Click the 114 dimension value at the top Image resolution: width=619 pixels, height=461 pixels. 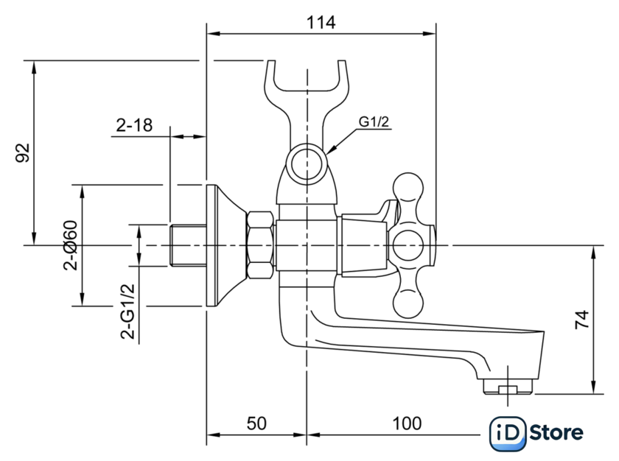pyautogui.click(x=321, y=22)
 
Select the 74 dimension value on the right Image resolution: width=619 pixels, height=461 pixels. pyautogui.click(x=581, y=319)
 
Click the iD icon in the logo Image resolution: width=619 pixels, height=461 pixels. pyautogui.click(x=508, y=434)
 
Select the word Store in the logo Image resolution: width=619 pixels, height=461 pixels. pyautogui.click(x=556, y=434)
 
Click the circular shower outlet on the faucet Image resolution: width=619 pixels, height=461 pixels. pyautogui.click(x=304, y=164)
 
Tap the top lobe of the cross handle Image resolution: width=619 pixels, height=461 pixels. pyautogui.click(x=408, y=189)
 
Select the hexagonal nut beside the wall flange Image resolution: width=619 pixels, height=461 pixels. pyautogui.click(x=262, y=245)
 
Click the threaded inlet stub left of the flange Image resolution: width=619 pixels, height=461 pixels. pyautogui.click(x=186, y=245)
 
